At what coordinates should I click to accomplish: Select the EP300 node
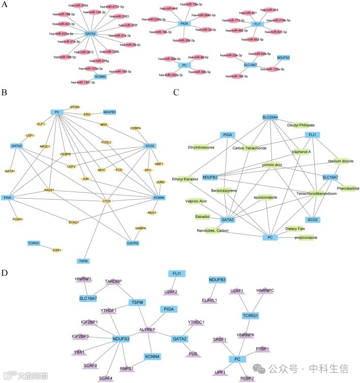(75, 107)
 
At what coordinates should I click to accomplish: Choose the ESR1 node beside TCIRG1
(57, 250)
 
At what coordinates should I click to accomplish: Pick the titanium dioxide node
(340, 161)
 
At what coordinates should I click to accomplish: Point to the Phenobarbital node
(348, 188)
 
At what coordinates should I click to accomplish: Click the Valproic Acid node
(196, 201)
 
